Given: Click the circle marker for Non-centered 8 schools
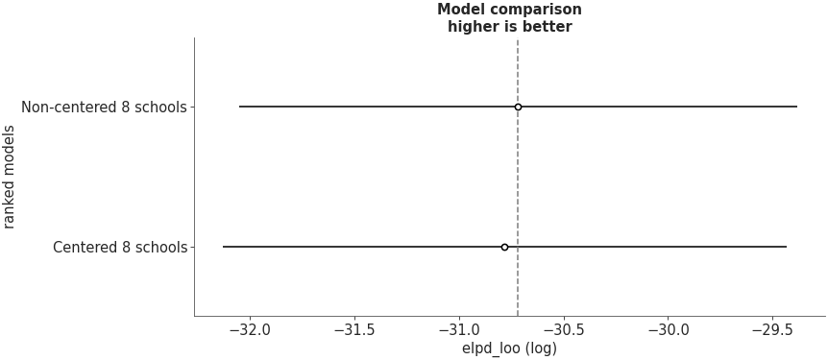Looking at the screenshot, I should click(x=518, y=107).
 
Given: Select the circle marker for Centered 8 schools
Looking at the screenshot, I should click(x=504, y=247).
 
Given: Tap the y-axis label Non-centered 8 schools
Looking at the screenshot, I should click(x=104, y=107).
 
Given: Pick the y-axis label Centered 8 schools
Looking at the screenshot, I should click(x=120, y=247).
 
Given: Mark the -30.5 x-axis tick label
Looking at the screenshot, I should click(x=563, y=329).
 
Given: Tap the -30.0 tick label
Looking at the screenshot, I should click(x=668, y=329).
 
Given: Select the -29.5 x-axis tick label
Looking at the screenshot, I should click(x=772, y=329).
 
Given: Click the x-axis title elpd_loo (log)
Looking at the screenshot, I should click(x=509, y=348).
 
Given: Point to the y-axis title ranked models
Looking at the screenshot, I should click(x=11, y=177).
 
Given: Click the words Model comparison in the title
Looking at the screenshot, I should click(x=509, y=10).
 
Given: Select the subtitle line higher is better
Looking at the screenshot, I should click(x=509, y=27).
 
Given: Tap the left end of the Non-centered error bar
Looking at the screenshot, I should click(x=239, y=107).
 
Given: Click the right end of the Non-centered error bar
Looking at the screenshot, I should click(x=796, y=107).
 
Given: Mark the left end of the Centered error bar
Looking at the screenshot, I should click(x=223, y=247).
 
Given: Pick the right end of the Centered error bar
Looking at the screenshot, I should click(x=786, y=247).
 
